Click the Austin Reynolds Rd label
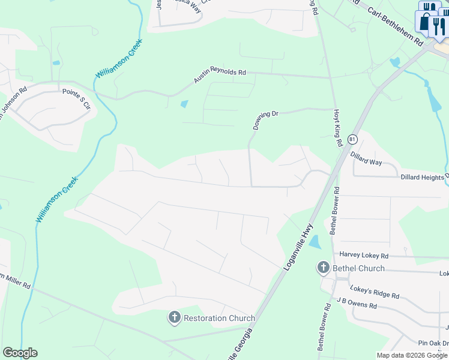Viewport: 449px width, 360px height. click(220, 77)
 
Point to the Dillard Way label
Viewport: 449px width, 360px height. click(367, 158)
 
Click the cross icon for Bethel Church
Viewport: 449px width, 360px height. click(324, 268)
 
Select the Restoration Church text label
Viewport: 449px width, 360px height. click(219, 318)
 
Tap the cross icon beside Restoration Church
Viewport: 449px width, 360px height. click(175, 317)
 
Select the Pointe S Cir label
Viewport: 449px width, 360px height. click(76, 98)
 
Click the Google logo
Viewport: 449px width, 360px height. click(20, 353)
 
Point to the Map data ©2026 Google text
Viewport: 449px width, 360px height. click(412, 355)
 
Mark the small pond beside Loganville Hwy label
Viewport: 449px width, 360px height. click(314, 242)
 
